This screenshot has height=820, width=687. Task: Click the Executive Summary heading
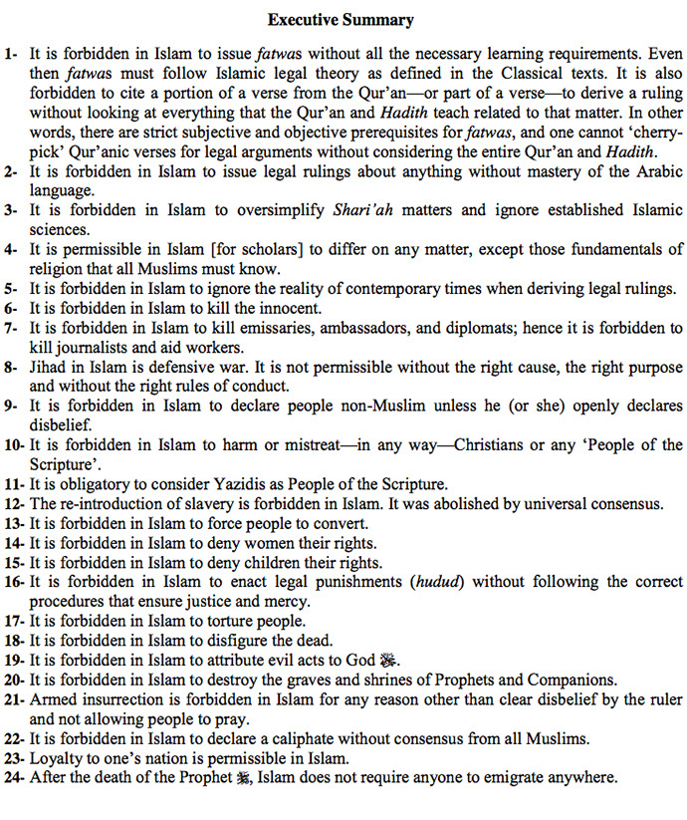tap(342, 19)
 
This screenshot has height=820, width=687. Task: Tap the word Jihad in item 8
tap(49, 367)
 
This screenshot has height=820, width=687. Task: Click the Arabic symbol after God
tap(388, 660)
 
